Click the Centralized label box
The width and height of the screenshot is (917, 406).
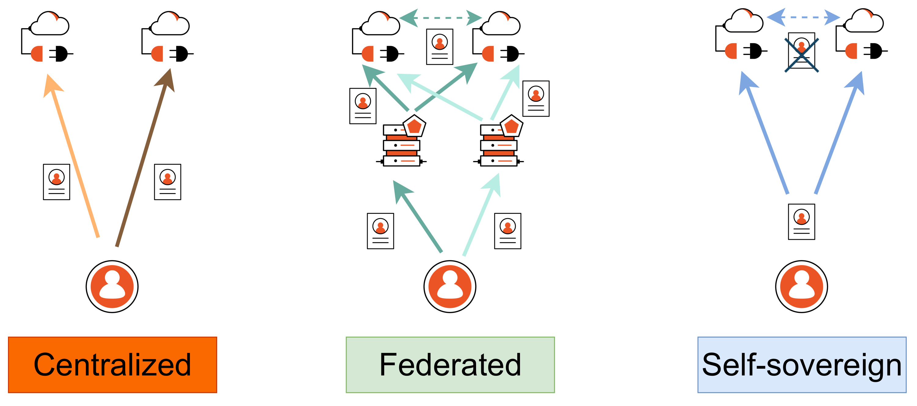click(112, 365)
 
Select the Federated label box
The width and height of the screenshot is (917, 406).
click(450, 365)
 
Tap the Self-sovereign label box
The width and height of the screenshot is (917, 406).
click(802, 365)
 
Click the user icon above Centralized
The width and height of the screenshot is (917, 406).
click(112, 287)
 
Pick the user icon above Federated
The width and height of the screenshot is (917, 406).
click(450, 287)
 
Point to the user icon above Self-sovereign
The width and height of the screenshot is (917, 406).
click(802, 287)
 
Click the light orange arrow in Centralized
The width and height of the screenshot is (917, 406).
click(75, 157)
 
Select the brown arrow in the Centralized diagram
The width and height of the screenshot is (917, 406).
click(142, 157)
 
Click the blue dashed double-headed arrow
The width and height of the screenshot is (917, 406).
click(803, 17)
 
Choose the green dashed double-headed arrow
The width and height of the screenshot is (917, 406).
click(441, 17)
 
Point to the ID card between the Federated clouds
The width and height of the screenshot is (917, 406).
click(440, 47)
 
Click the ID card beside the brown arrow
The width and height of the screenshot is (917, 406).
click(168, 182)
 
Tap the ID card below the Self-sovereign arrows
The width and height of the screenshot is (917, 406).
click(802, 222)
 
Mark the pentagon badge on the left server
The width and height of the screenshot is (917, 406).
click(414, 126)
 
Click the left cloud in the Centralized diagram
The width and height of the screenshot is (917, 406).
click(50, 24)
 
